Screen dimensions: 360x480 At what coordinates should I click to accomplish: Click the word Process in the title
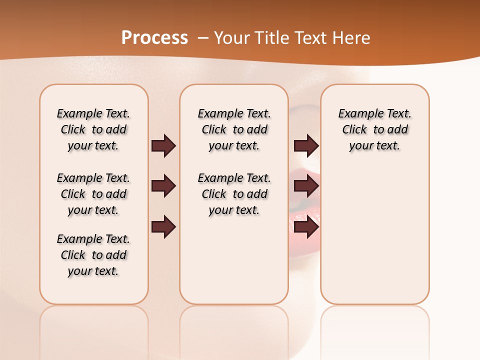pos(154,37)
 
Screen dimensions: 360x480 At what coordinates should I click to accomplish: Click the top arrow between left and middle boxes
pos(163,145)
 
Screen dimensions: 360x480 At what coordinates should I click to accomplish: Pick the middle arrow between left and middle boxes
pos(163,186)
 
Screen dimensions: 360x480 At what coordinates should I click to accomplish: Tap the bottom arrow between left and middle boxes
pos(163,226)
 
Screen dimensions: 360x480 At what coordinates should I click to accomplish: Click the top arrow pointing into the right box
pos(306,145)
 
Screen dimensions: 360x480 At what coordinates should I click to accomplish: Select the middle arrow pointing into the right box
pos(306,186)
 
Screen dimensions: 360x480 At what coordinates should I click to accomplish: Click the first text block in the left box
pos(93,129)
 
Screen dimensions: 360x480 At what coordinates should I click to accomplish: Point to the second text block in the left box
pos(93,194)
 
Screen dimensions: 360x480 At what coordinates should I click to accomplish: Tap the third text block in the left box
pos(93,255)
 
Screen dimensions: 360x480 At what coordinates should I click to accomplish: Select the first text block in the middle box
pos(234,129)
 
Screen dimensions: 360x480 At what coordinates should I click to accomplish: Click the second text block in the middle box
pos(234,194)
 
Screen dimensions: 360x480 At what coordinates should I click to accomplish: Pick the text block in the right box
pos(375,129)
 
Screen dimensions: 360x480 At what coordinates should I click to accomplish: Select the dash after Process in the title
pos(203,37)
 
